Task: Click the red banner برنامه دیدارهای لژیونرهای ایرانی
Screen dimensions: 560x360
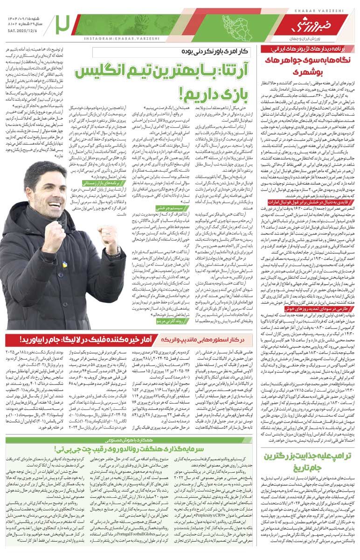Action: pyautogui.click(x=312, y=49)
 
